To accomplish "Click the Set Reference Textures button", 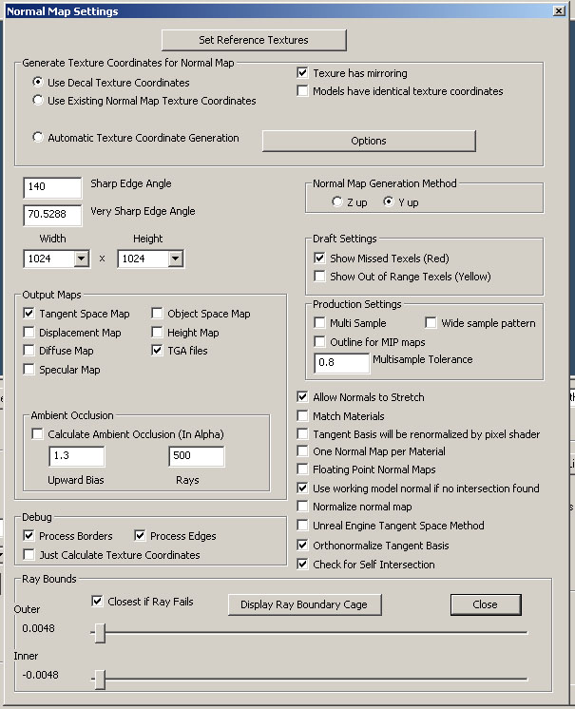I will pyautogui.click(x=254, y=40).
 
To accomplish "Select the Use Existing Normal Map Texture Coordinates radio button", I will pyautogui.click(x=38, y=101).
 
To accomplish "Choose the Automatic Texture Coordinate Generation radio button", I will pyautogui.click(x=38, y=138).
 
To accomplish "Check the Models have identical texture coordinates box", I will pyautogui.click(x=303, y=91).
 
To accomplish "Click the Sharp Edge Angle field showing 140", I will pyautogui.click(x=52, y=187).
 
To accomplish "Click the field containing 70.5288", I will pyautogui.click(x=52, y=216).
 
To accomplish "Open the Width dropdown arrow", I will pyautogui.click(x=81, y=259).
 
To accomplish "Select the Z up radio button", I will pyautogui.click(x=336, y=202).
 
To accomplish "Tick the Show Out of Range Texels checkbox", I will pyautogui.click(x=319, y=277).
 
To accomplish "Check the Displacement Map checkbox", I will pyautogui.click(x=29, y=333).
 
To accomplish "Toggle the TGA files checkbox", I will pyautogui.click(x=157, y=351).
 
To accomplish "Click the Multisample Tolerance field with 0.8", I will pyautogui.click(x=341, y=363).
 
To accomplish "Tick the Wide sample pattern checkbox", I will pyautogui.click(x=431, y=323).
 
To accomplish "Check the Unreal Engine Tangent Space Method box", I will pyautogui.click(x=303, y=526).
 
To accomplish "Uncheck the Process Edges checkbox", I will pyautogui.click(x=140, y=536).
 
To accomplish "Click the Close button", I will pyautogui.click(x=485, y=604).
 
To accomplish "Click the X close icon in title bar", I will pyautogui.click(x=559, y=11).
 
